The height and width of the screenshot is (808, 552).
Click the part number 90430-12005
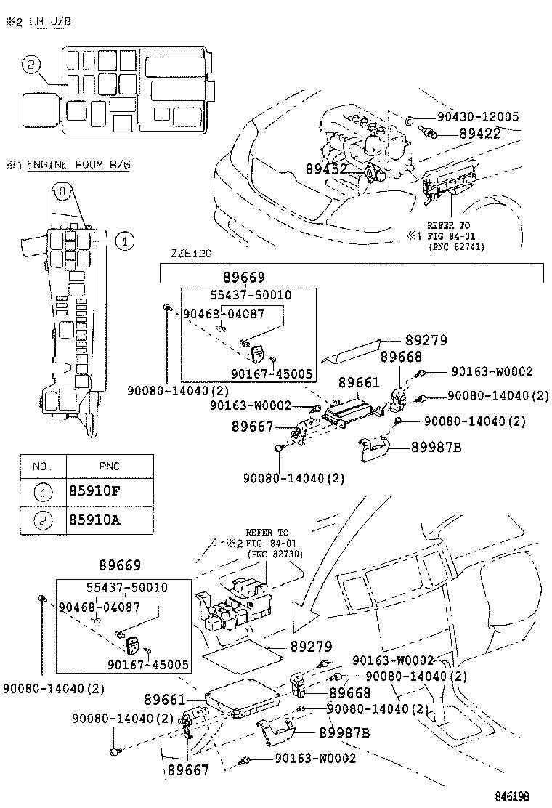[477, 117]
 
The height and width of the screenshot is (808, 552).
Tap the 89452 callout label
[325, 169]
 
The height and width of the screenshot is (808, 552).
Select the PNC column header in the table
[109, 465]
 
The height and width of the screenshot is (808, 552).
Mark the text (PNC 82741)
[456, 247]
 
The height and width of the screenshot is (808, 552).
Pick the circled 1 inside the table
[43, 492]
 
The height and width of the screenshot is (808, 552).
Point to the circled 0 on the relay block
[63, 193]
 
